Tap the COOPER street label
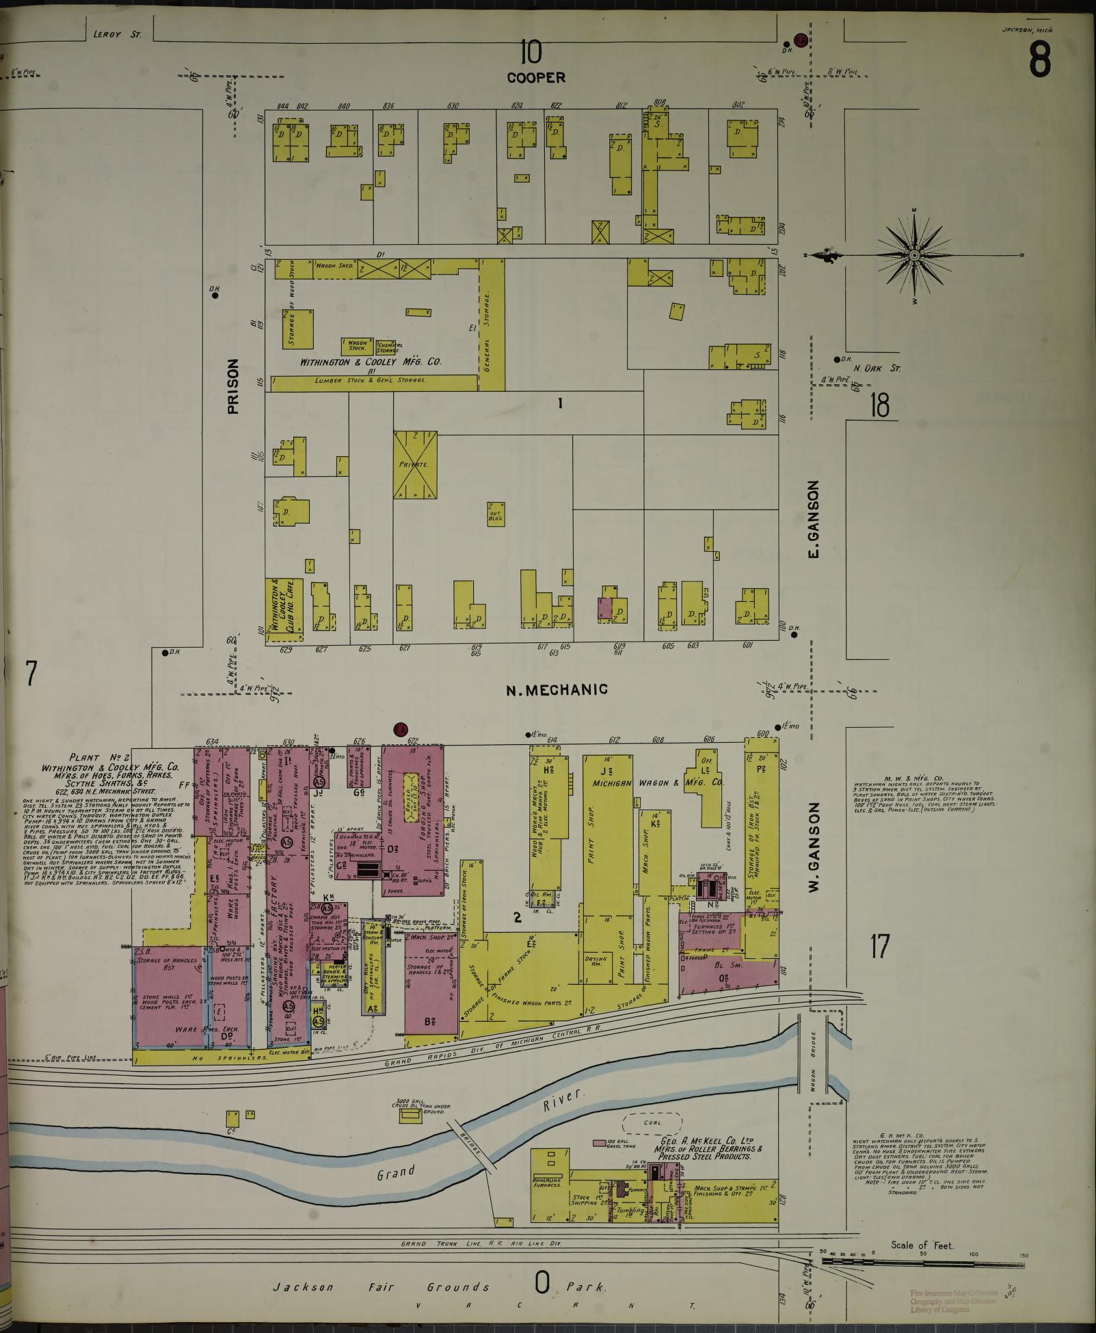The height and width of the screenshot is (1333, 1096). (x=536, y=78)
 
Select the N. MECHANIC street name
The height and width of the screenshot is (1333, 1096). (x=557, y=689)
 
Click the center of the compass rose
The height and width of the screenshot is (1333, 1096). (x=914, y=255)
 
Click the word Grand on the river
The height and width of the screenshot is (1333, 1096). (x=397, y=1173)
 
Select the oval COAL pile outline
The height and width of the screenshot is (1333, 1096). (x=652, y=1123)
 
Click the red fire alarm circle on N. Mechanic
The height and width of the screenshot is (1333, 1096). (x=401, y=730)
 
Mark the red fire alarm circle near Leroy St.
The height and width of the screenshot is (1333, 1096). (x=800, y=40)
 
